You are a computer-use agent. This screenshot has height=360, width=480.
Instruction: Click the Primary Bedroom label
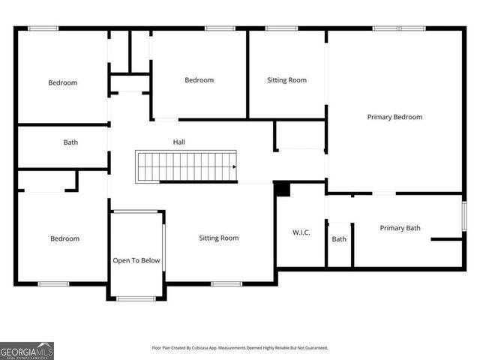[x=394, y=117]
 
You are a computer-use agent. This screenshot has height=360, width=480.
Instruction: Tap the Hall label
[x=178, y=142]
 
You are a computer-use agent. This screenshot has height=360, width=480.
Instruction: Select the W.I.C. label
[x=301, y=232]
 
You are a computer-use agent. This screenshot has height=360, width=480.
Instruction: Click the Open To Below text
[x=136, y=260]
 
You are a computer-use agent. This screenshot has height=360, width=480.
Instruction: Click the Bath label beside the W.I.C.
[x=339, y=239]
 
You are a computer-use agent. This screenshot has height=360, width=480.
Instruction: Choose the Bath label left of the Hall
[x=70, y=142]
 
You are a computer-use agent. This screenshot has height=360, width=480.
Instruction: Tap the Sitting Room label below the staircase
[x=218, y=238]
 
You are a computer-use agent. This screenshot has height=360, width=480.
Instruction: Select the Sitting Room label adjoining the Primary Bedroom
[x=286, y=80]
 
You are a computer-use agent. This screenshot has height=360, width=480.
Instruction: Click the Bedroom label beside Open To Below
[x=64, y=238]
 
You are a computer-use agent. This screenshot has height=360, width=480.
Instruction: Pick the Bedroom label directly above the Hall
[x=199, y=80]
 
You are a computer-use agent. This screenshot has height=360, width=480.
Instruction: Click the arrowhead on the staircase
[x=234, y=167]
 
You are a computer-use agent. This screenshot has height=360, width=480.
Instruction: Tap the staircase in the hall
[x=186, y=166]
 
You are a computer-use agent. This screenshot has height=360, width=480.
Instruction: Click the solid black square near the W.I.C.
[x=282, y=189]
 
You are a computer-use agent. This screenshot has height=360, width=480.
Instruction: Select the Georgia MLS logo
[x=27, y=350]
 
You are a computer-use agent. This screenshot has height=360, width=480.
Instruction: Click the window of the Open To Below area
[x=136, y=298]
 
